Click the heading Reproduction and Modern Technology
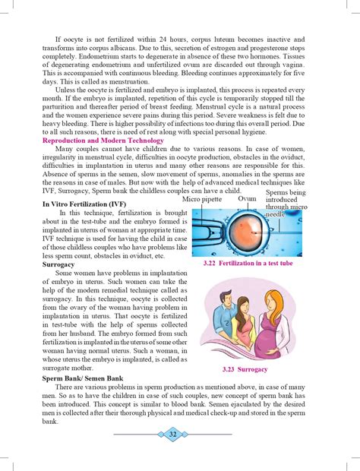[103, 141]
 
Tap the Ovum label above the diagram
[248, 198]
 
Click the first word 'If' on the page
[58, 39]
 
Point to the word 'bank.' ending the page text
[50, 420]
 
